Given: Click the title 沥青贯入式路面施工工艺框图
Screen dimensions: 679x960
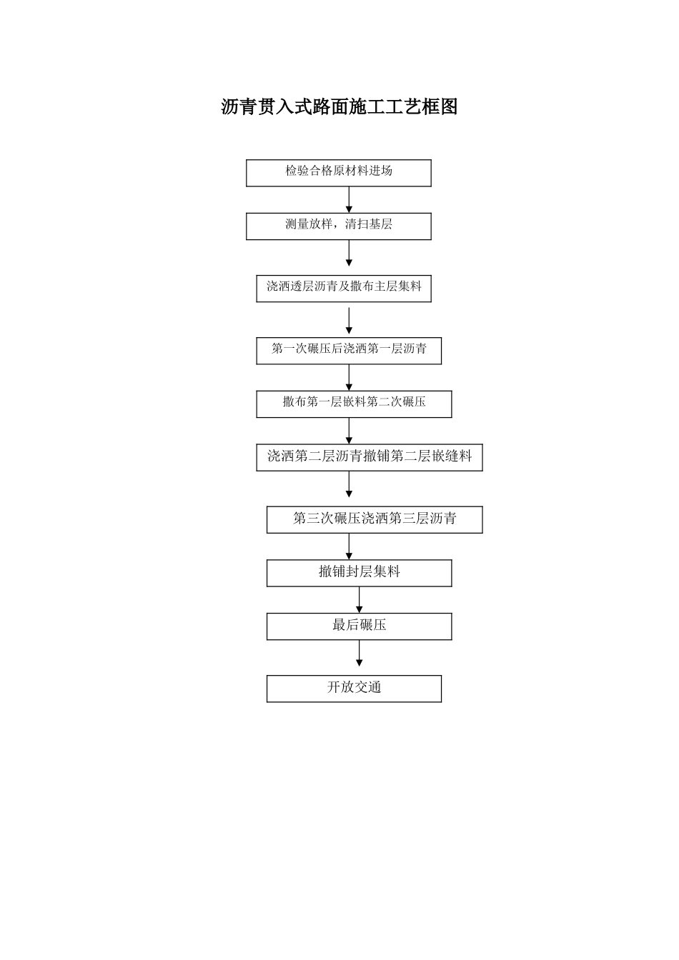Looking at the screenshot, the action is [x=339, y=106].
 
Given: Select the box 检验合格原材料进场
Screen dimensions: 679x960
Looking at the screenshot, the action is [x=338, y=173].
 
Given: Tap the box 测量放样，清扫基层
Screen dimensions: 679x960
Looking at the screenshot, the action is [x=338, y=226].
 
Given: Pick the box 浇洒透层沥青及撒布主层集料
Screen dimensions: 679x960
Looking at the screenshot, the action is [x=344, y=289].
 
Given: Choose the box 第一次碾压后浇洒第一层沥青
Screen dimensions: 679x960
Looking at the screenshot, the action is [x=349, y=351].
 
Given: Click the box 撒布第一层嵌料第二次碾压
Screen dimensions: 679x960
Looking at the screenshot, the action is [x=354, y=404].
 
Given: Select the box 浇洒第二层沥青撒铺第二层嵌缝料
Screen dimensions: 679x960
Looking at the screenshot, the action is [x=370, y=457].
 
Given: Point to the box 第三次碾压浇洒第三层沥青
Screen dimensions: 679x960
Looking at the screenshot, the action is [x=375, y=519].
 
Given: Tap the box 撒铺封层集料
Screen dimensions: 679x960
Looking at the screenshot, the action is [x=359, y=573].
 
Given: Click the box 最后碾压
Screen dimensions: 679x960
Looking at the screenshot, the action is [x=359, y=626].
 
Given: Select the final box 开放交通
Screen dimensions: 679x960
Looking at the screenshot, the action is [x=354, y=689].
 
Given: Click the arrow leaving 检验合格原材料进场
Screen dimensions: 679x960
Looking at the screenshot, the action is [x=349, y=200].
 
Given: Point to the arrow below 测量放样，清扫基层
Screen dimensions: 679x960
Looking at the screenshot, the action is [x=349, y=253].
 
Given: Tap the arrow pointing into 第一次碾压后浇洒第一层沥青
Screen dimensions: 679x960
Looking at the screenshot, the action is [x=349, y=320].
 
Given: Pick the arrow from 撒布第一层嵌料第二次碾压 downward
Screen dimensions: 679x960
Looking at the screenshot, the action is [x=349, y=431].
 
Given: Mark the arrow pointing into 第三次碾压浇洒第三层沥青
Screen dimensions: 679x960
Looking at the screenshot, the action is [x=349, y=484].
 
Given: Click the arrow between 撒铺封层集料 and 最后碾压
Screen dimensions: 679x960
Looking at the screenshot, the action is [x=359, y=599].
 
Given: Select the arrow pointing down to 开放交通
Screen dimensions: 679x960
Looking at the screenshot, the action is [x=359, y=653].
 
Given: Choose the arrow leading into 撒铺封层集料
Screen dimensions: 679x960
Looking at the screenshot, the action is [x=349, y=546].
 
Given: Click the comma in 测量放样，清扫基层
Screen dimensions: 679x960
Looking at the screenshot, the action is [x=336, y=227].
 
